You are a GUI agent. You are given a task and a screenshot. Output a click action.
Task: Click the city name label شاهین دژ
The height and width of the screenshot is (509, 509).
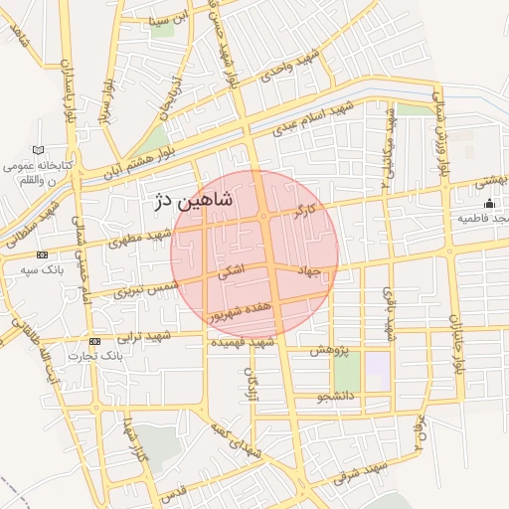(x=194, y=200)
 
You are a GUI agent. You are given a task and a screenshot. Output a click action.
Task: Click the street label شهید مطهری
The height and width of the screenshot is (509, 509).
(x=133, y=238)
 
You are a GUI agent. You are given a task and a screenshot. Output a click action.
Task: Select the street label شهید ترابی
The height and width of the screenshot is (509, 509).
(x=144, y=337)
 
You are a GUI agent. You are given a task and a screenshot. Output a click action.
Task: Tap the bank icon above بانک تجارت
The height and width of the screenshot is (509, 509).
(x=94, y=341)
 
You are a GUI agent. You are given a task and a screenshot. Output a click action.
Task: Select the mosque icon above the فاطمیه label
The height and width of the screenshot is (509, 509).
(x=487, y=203)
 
